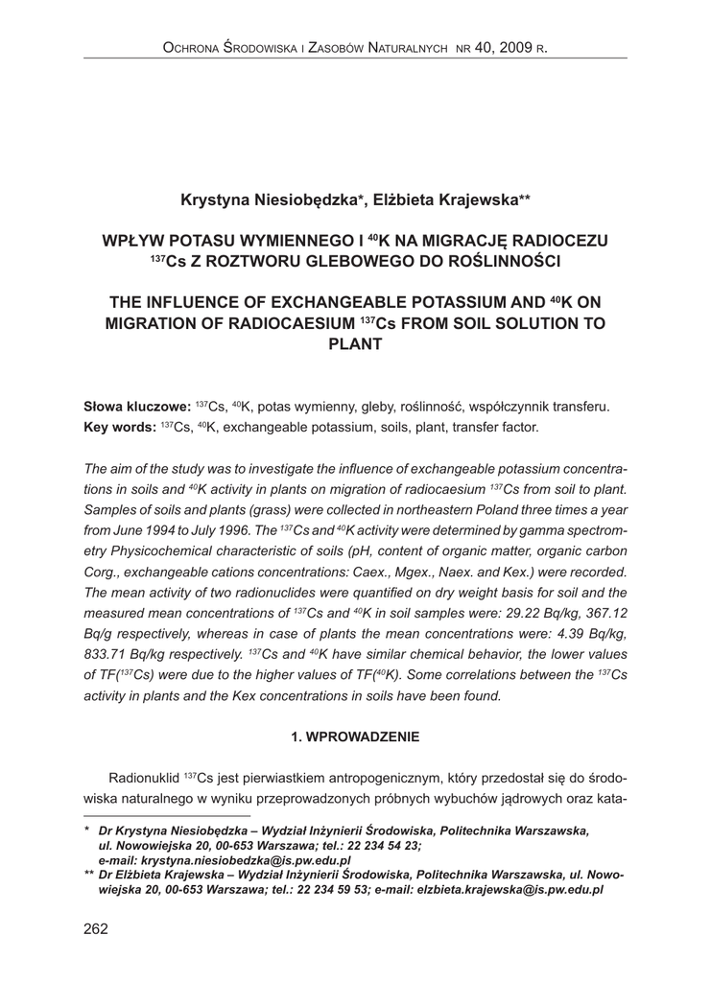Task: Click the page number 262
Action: point(96,928)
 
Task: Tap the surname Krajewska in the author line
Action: point(470,199)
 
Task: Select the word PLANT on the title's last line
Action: point(355,344)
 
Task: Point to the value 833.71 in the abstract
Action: point(110,656)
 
